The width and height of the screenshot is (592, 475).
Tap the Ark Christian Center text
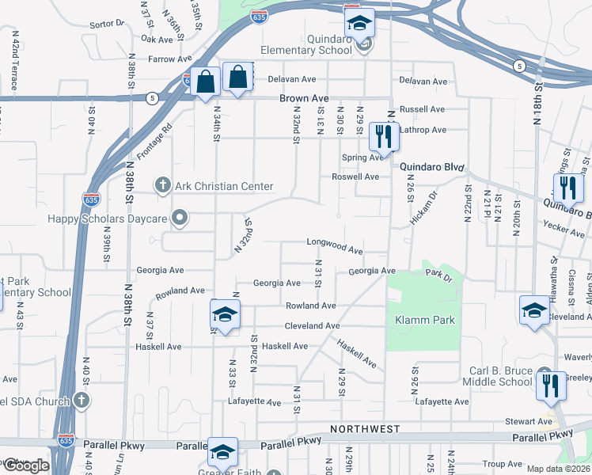pyautogui.click(x=224, y=187)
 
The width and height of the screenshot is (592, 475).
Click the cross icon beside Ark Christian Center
pyautogui.click(x=163, y=186)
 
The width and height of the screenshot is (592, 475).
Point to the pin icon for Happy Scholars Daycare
pyautogui.click(x=180, y=216)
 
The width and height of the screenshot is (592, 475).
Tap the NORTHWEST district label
pyautogui.click(x=365, y=428)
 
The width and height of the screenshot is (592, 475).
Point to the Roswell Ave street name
pyautogui.click(x=355, y=177)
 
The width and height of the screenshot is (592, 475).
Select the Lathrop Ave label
pyautogui.click(x=423, y=130)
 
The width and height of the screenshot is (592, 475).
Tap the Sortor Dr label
pyautogui.click(x=108, y=25)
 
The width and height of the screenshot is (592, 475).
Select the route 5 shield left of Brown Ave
pyautogui.click(x=152, y=97)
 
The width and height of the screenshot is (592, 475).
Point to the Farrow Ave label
pyautogui.click(x=170, y=59)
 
